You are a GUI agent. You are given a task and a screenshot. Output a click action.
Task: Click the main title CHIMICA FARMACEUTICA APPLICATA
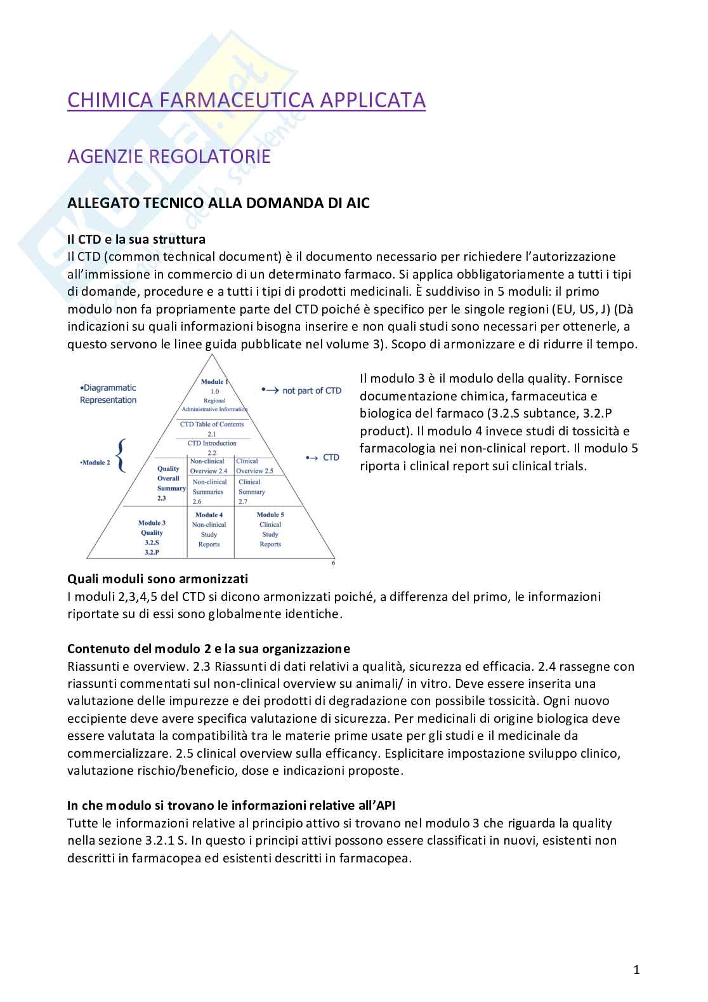click(x=246, y=100)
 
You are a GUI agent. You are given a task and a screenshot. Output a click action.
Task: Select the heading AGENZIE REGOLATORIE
click(x=169, y=156)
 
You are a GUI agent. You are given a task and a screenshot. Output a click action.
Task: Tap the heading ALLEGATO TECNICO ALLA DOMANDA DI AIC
click(x=218, y=203)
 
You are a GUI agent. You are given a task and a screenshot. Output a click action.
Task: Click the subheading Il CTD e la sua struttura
click(x=136, y=239)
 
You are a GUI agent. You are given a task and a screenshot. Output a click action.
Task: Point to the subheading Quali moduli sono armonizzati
click(x=157, y=579)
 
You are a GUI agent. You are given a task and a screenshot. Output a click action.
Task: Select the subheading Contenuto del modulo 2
click(x=208, y=649)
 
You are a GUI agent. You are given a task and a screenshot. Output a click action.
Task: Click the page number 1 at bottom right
click(x=636, y=970)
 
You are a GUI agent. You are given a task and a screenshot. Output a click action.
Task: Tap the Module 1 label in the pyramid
click(x=214, y=381)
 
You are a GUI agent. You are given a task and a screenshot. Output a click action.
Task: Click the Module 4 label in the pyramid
click(x=209, y=515)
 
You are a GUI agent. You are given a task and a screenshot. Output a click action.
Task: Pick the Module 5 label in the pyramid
click(x=270, y=515)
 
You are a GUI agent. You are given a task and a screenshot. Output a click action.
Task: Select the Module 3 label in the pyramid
click(x=152, y=523)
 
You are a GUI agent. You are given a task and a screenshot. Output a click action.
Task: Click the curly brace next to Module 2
click(x=121, y=456)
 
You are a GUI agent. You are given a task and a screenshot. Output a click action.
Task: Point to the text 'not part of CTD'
click(x=311, y=391)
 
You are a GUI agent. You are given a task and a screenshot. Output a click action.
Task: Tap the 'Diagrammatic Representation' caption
click(x=108, y=393)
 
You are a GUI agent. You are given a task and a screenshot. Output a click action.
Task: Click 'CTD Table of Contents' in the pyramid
click(x=212, y=424)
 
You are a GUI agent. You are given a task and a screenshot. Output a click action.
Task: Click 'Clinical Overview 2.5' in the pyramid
click(x=254, y=466)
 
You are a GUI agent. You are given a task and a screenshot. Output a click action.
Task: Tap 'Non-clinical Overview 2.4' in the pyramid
click(x=208, y=466)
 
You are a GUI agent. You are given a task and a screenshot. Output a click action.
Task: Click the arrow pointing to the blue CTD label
click(x=311, y=458)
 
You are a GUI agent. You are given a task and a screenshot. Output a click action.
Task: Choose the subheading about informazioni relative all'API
click(x=231, y=805)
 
